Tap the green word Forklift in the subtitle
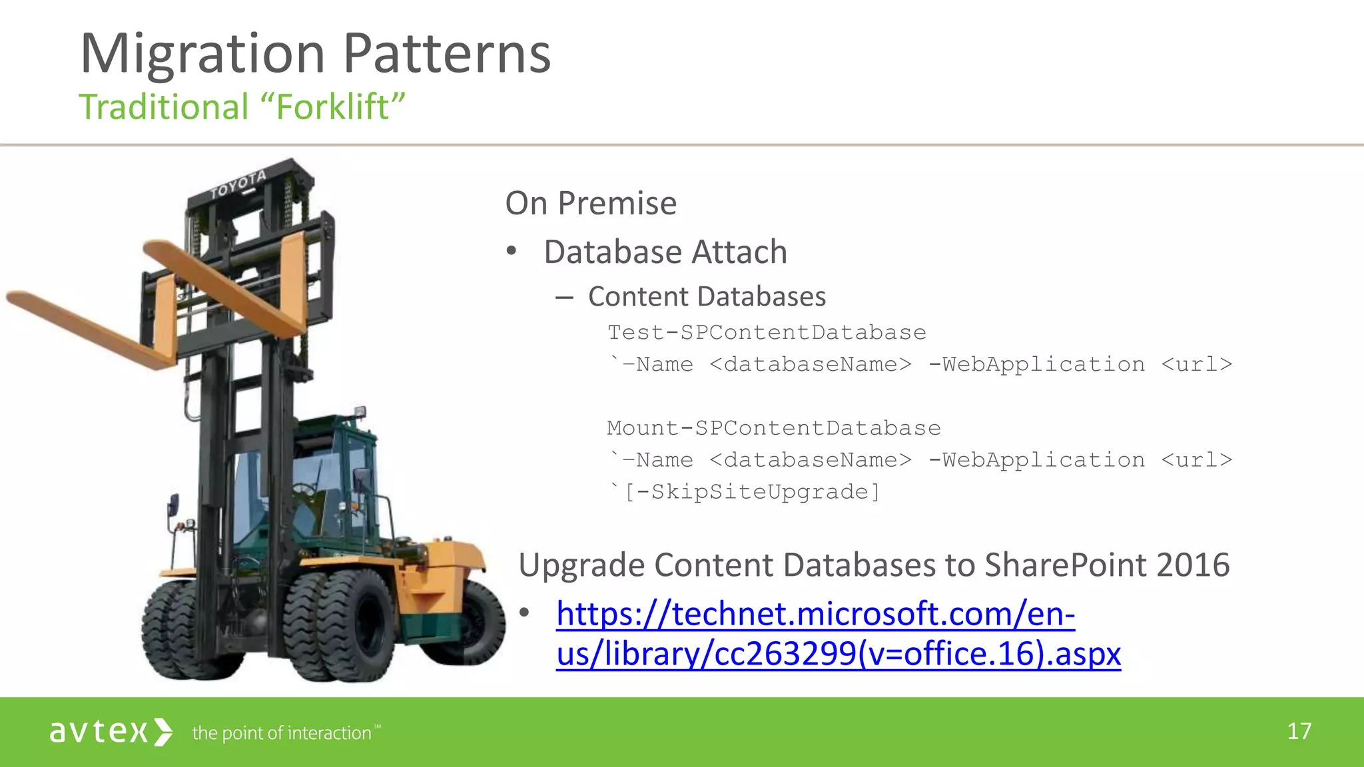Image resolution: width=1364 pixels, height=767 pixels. click(333, 107)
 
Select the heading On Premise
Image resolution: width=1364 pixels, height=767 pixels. click(591, 203)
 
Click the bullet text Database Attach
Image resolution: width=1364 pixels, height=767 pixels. click(665, 252)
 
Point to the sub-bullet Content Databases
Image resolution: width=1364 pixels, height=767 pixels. click(706, 297)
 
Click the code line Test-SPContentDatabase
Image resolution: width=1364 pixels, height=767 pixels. click(767, 332)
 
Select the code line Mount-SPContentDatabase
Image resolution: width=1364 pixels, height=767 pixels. click(773, 428)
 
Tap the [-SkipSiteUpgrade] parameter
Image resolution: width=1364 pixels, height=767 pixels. click(752, 492)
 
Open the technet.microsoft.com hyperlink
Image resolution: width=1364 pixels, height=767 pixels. click(815, 614)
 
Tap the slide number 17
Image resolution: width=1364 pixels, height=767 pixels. click(1299, 732)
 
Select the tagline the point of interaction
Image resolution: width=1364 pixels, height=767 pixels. click(281, 733)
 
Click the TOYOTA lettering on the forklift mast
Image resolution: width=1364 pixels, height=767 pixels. click(238, 184)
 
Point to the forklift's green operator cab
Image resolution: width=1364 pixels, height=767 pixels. click(333, 479)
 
